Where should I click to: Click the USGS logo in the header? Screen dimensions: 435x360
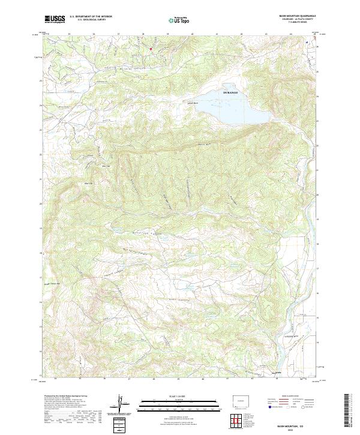(55, 19)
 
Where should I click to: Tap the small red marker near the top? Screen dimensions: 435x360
(151, 49)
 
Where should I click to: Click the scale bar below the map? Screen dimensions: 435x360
(179, 403)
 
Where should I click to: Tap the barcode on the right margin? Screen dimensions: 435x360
(349, 410)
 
